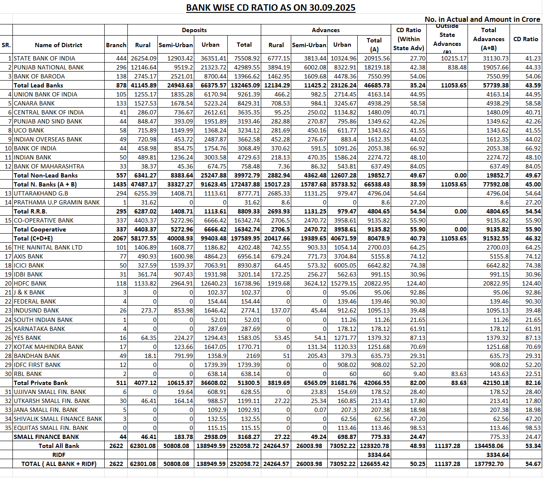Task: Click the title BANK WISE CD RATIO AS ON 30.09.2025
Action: [271, 8]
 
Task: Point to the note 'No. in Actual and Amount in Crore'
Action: [482, 19]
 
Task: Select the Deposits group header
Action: [194, 30]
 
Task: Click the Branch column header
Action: [116, 45]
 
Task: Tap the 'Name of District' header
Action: [58, 45]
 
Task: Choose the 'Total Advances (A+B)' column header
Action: [489, 39]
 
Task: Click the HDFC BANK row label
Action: [30, 283]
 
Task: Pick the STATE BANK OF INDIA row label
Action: [44, 58]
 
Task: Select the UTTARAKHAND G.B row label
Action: [41, 193]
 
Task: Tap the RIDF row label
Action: [59, 455]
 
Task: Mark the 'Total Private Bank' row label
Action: [41, 383]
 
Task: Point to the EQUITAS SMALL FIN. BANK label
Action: [51, 428]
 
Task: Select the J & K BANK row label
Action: [29, 292]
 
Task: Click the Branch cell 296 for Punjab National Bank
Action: [121, 67]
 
